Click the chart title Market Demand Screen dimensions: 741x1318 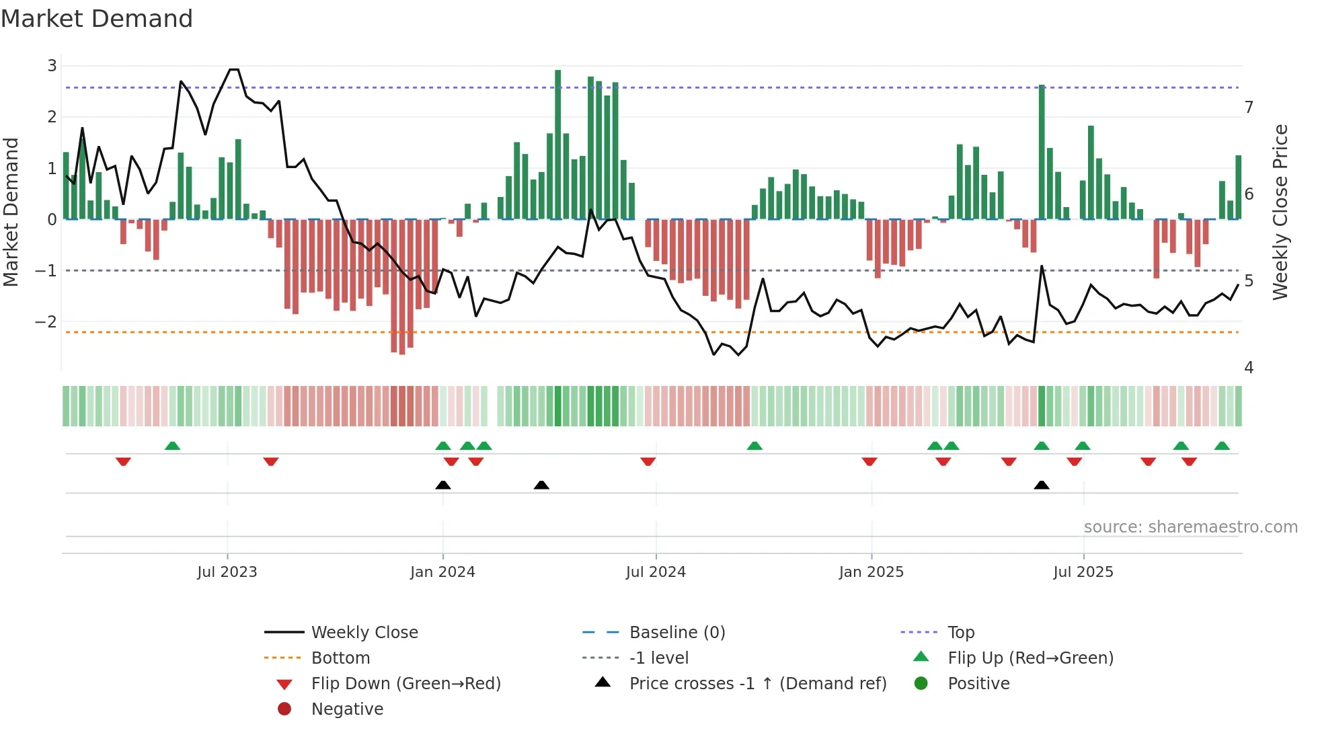[x=97, y=19]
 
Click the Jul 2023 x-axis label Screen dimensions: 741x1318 [x=227, y=572]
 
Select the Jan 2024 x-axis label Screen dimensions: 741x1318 [x=442, y=572]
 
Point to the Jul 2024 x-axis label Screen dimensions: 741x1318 [x=656, y=572]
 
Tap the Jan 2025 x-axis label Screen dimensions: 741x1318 [x=871, y=572]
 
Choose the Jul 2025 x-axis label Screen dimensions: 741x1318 [x=1083, y=572]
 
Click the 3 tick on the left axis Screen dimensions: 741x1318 [x=52, y=66]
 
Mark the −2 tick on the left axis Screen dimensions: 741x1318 [x=46, y=322]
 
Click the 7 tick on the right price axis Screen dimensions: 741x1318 [x=1249, y=108]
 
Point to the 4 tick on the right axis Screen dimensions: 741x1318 [x=1249, y=368]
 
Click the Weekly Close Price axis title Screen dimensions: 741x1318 [x=1280, y=212]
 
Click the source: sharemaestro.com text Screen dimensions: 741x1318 [x=1190, y=527]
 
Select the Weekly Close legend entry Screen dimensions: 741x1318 [x=364, y=633]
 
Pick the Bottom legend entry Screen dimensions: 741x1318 [x=340, y=658]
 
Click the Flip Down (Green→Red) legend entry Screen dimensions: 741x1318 [x=405, y=684]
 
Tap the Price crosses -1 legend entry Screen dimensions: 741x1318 [x=757, y=684]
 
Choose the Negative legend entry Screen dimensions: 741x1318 [x=347, y=709]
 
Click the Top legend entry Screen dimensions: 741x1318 [x=961, y=633]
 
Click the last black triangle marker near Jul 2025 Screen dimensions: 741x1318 [x=1041, y=485]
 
